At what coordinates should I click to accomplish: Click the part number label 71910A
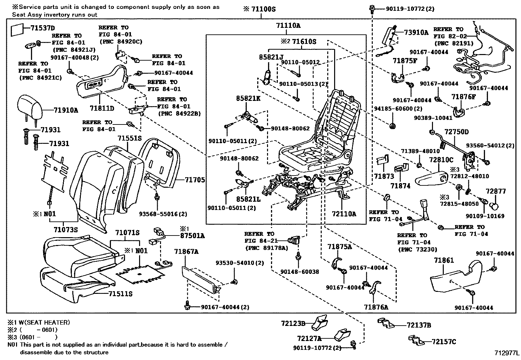65,110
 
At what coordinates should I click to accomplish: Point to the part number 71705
195,180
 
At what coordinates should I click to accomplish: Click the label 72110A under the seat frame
343,214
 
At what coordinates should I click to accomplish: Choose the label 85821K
248,98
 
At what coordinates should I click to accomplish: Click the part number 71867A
186,252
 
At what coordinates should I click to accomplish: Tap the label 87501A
192,236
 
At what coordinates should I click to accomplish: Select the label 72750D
456,132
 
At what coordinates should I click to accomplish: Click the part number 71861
444,260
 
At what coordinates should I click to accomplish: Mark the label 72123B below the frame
293,324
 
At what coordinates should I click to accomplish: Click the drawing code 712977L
507,353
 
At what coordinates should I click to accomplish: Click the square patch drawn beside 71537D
17,30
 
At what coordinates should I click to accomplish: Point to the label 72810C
441,160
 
